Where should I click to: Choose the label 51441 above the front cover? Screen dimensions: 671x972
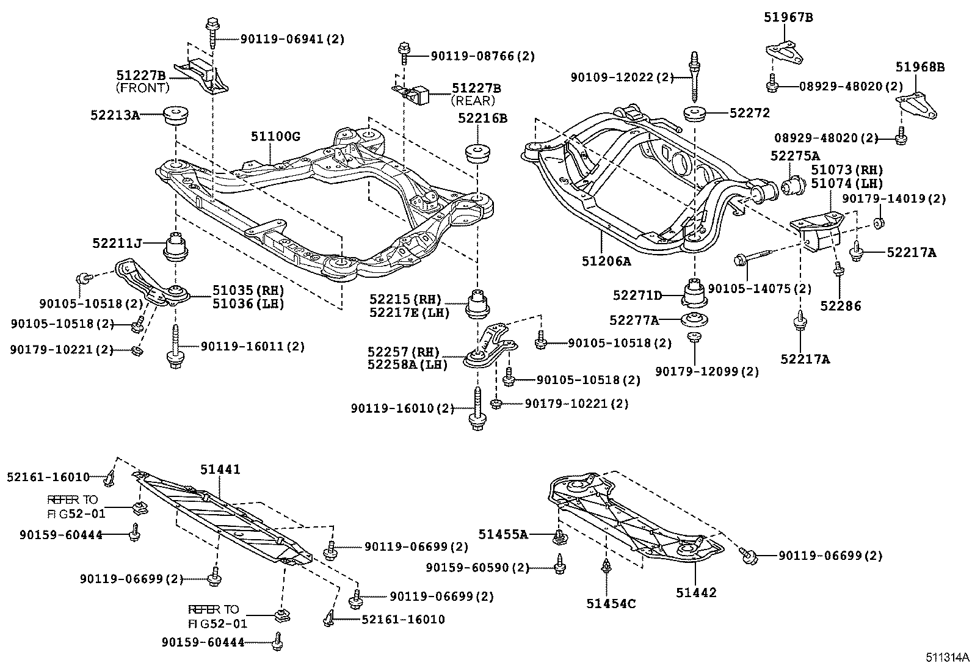pos(220,469)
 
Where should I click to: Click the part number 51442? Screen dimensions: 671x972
pos(696,592)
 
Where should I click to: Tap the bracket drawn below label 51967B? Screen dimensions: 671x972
pos(784,53)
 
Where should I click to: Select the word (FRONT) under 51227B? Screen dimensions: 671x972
pos(142,87)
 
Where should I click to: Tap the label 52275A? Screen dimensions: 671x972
pos(794,156)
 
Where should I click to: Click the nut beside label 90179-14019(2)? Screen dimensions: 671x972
pos(879,222)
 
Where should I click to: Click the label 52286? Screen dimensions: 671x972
pos(841,305)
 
